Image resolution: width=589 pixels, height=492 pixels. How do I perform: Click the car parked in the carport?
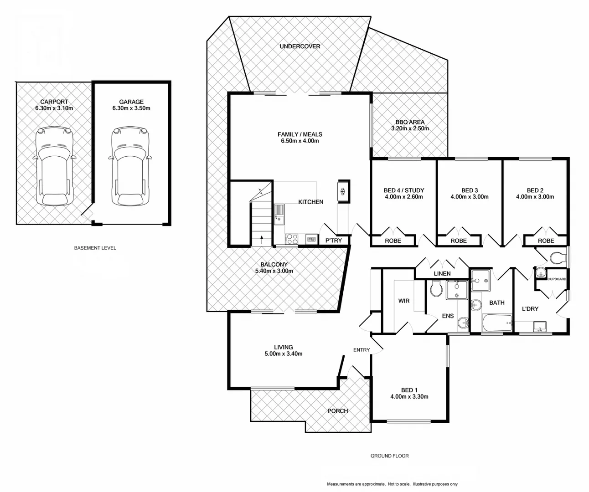point(54,167)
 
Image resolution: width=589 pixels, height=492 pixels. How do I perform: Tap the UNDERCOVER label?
point(300,46)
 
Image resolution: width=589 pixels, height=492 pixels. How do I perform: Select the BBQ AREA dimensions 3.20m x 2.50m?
point(410,129)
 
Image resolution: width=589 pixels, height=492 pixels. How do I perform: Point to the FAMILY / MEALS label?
point(300,134)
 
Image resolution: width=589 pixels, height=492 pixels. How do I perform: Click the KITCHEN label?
point(310,202)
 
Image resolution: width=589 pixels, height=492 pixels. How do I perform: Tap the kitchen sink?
point(279,214)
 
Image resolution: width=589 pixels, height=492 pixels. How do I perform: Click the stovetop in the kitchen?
point(291,239)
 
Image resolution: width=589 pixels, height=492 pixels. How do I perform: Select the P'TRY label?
point(333,241)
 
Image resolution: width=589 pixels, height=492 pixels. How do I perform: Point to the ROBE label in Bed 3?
point(458,241)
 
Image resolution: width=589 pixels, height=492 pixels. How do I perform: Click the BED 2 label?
point(535,190)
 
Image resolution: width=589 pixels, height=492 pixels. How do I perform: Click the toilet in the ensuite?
point(436,289)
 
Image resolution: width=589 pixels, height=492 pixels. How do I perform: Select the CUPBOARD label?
point(557,279)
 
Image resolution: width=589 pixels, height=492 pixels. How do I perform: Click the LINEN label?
point(442,274)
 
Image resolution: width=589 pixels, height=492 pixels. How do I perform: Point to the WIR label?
point(403,301)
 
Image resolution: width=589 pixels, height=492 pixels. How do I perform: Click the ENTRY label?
point(362,350)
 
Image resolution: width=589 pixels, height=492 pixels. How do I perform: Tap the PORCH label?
point(337,411)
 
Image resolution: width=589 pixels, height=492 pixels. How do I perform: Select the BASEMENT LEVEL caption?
point(95,248)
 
